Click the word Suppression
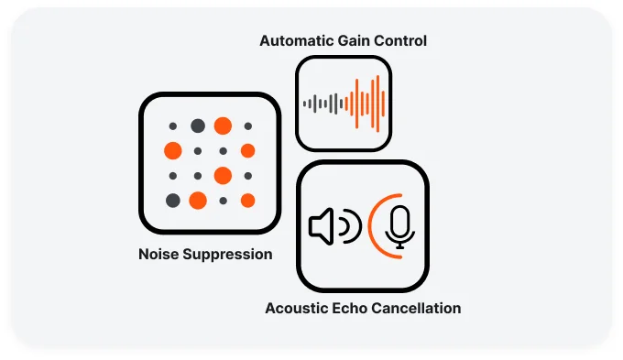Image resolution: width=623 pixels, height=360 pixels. click(229, 255)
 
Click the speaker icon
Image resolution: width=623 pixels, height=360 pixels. click(321, 226)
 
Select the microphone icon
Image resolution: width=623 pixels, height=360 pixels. click(399, 226)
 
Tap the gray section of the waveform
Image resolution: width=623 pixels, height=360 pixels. click(325, 104)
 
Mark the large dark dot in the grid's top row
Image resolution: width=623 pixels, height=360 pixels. click(198, 125)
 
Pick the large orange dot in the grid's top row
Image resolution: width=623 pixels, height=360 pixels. click(223, 125)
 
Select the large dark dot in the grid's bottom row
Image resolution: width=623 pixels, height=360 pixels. click(173, 200)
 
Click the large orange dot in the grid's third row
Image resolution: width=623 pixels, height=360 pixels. click(223, 175)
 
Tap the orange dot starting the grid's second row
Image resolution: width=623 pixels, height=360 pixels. click(173, 150)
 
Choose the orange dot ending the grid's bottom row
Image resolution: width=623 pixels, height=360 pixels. click(247, 200)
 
